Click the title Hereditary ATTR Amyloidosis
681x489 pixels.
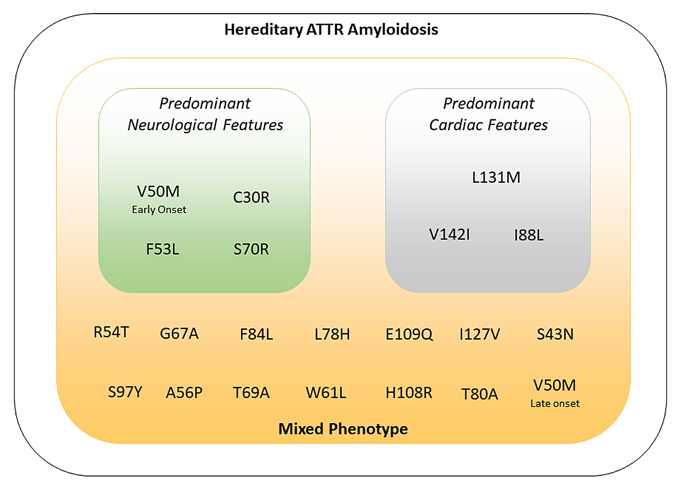point(331,30)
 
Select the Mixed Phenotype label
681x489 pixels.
point(343,429)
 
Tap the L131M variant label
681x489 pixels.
point(496,178)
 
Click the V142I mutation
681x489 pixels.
point(449,234)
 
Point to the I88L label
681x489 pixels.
point(528,235)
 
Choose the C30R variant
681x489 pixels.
point(251,198)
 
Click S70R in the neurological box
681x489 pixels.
point(251,249)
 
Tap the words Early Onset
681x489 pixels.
point(159,210)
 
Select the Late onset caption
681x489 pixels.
point(555,404)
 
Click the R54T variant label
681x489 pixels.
point(111,332)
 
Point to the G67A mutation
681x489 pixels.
point(179,334)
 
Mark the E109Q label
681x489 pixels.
point(409,335)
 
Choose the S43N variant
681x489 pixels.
point(555,335)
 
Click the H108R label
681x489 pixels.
point(409,392)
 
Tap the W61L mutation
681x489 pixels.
point(326,392)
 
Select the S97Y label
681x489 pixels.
point(125,392)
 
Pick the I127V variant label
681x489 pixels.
point(480,335)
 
